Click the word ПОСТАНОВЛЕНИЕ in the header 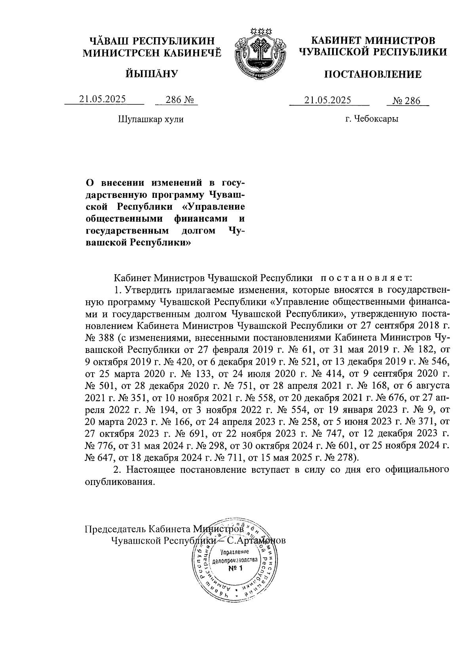click(373, 74)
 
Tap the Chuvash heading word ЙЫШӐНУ click(152, 73)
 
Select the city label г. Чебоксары click(371, 119)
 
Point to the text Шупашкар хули click(151, 119)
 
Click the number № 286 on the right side click(407, 101)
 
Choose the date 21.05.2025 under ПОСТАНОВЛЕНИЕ click(328, 100)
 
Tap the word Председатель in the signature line click(114, 529)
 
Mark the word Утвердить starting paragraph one click(145, 290)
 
